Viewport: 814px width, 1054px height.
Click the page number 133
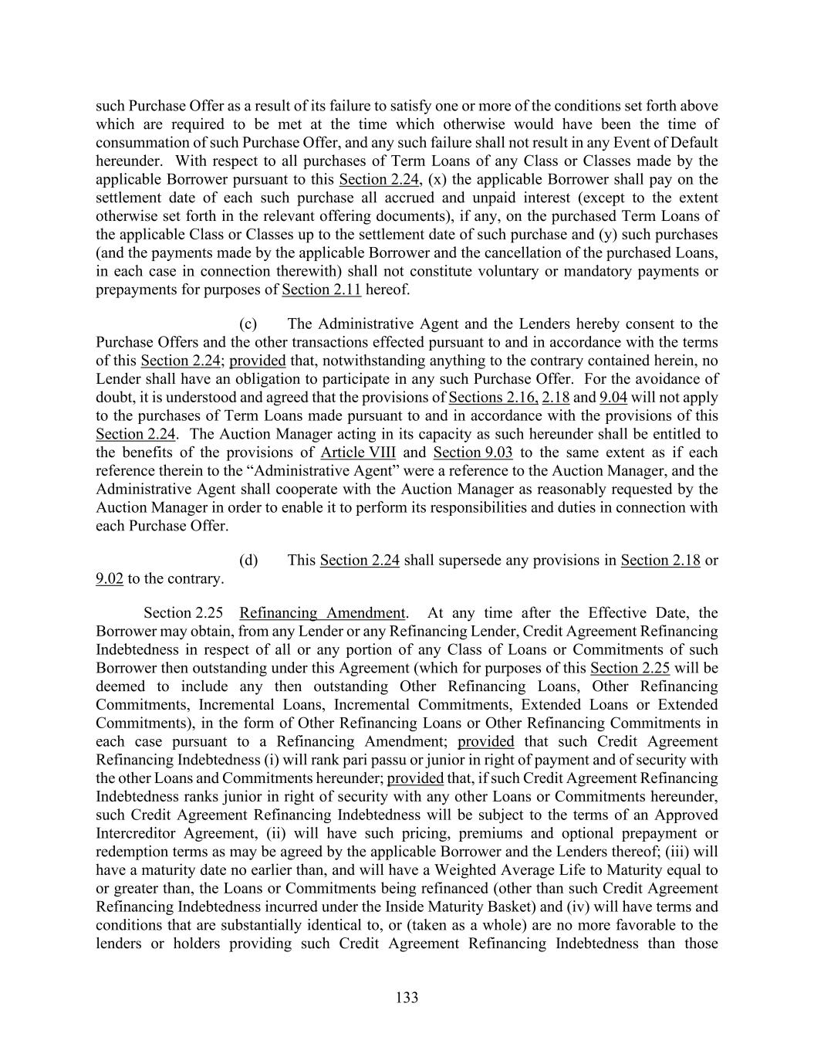pyautogui.click(x=407, y=998)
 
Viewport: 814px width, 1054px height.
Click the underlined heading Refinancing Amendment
pyautogui.click(x=322, y=613)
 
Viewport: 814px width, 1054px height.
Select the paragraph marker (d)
pyautogui.click(x=248, y=560)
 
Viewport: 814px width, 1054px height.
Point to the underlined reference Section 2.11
pyautogui.click(x=322, y=290)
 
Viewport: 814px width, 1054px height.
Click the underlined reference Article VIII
pyautogui.click(x=358, y=452)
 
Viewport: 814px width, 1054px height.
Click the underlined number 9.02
pyautogui.click(x=110, y=578)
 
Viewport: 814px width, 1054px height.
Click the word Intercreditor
pyautogui.click(x=135, y=834)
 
